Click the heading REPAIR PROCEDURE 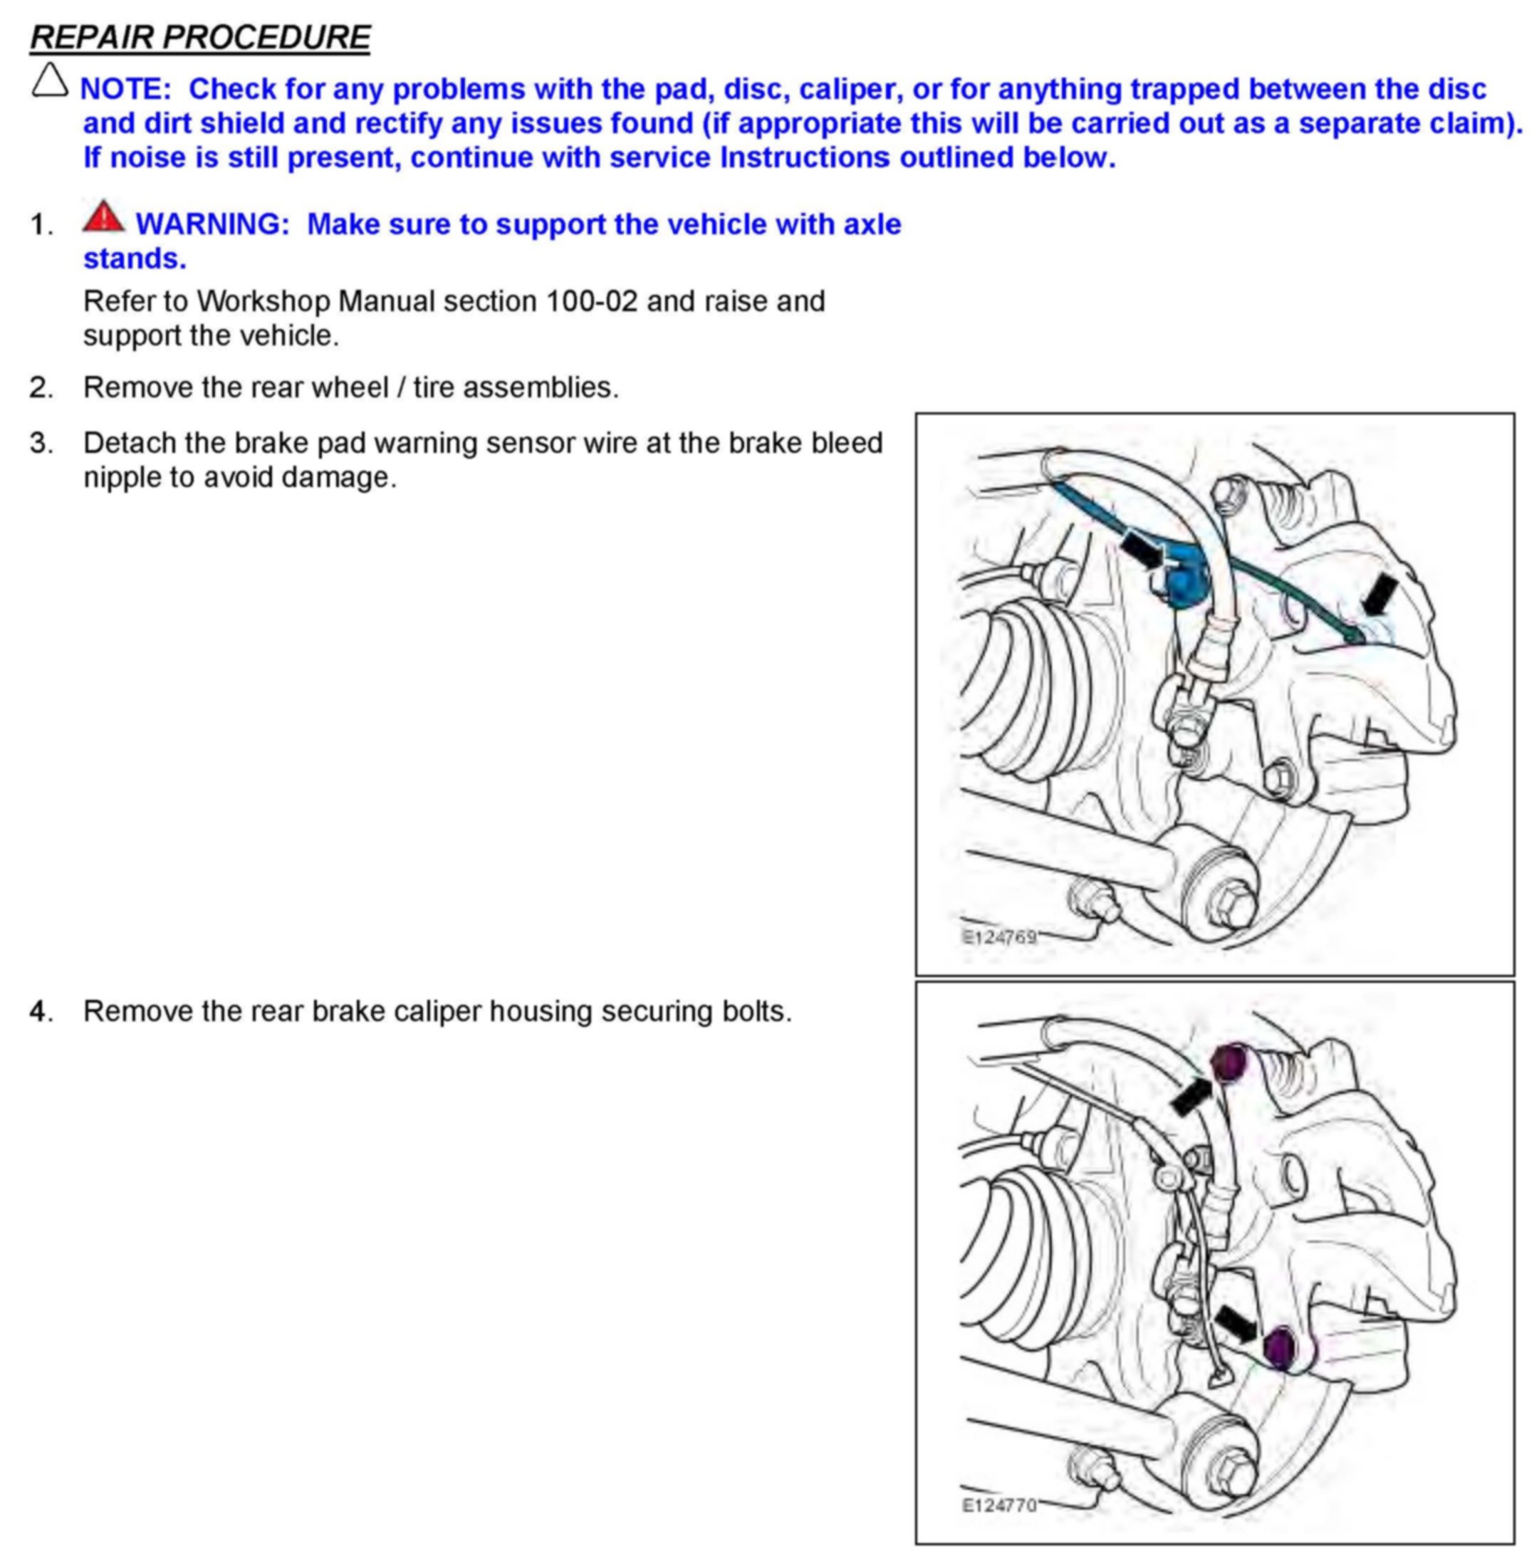pos(199,38)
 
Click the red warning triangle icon pos(103,217)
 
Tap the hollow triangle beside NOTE pos(49,81)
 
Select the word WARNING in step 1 pos(212,224)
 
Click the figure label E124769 pos(998,936)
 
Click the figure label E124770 pos(998,1505)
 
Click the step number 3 pos(41,443)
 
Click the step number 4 pos(41,1011)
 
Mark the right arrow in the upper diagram pos(1379,597)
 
